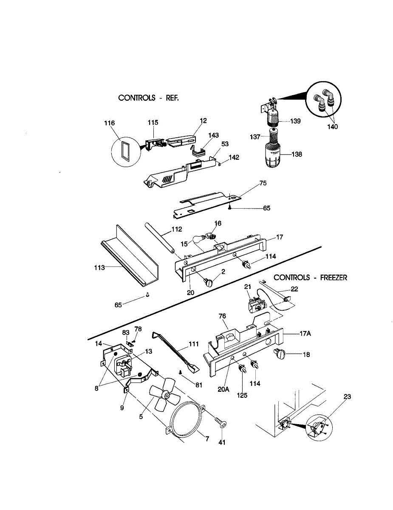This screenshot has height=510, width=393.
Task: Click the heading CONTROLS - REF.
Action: (x=149, y=98)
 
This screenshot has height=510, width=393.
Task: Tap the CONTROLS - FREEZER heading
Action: (x=310, y=278)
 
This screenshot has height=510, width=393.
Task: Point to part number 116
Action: (x=110, y=123)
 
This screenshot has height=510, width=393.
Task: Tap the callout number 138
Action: (x=297, y=154)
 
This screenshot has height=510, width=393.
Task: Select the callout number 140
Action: (x=333, y=126)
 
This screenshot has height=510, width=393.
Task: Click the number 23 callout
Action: (x=347, y=397)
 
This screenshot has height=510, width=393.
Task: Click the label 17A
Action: (x=305, y=334)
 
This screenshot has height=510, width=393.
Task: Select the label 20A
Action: (x=223, y=389)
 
